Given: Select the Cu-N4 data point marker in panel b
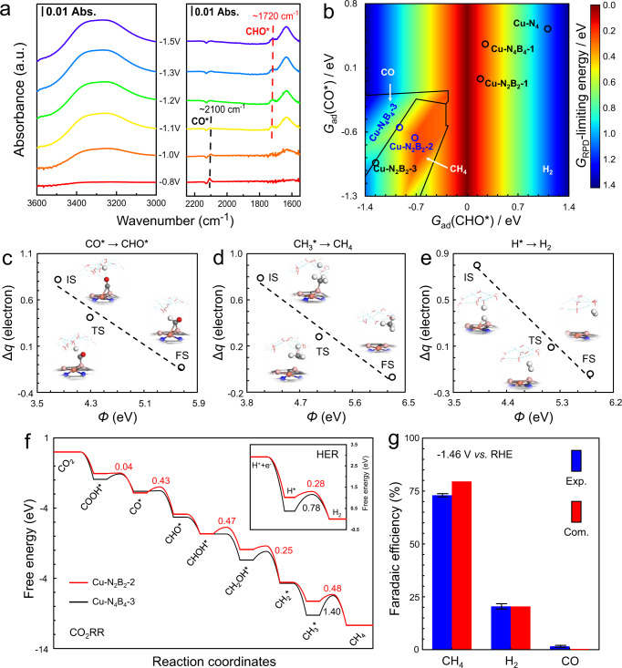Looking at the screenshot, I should (x=547, y=29).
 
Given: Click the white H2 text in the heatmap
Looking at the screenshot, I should (x=547, y=170).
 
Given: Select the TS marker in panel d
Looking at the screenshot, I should (x=319, y=336).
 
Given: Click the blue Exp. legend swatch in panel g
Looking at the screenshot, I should (x=576, y=459).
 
